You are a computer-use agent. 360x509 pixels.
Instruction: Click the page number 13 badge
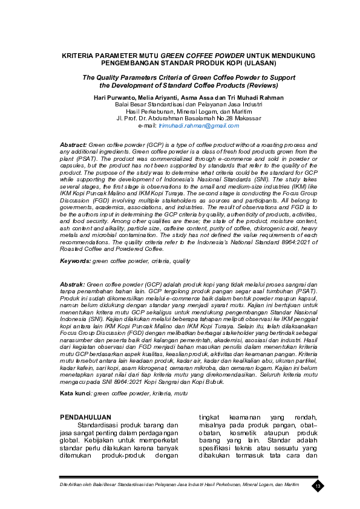318,486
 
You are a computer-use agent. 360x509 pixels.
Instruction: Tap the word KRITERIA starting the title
82,55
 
